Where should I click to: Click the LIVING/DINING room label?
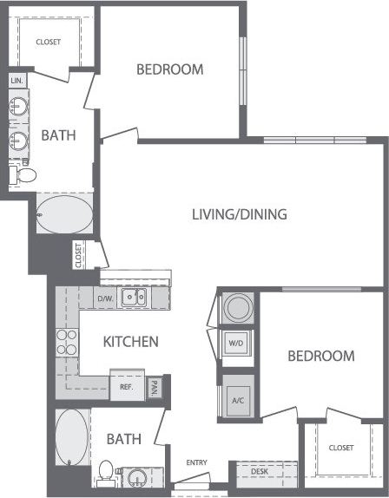point(240,214)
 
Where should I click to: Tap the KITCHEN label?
point(130,342)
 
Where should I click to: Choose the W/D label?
point(236,343)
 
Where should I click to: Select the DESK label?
point(259,472)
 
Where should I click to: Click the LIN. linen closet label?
point(16,80)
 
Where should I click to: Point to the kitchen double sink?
point(134,298)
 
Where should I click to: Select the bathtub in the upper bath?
point(63,213)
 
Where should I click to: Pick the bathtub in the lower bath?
point(71,437)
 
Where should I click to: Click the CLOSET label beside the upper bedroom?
point(48,42)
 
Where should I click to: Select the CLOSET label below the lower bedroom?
point(341,449)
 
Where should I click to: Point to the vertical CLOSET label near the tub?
point(78,255)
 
